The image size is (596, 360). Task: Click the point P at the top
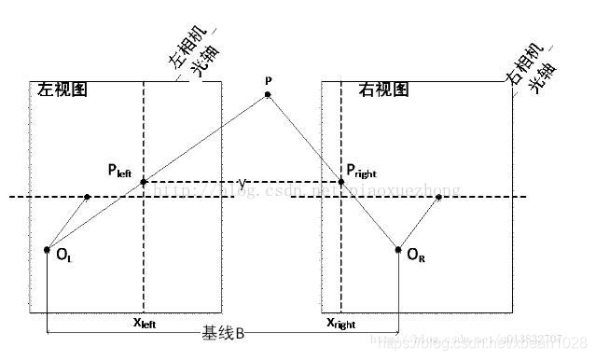pos(269,94)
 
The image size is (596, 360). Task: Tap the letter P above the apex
pos(269,81)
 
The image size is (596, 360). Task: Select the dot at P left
pos(144,182)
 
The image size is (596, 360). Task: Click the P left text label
pos(122,171)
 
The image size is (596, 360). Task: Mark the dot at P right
pos(341,182)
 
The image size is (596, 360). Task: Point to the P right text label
pos(367,171)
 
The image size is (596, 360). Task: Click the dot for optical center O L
pos(47,249)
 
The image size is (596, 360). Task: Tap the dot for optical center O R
pos(398,249)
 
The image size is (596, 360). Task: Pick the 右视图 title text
pos(383,90)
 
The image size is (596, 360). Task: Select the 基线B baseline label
pos(223,332)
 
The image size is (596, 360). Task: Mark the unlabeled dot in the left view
pos(87,197)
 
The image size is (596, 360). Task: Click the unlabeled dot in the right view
pos(439,197)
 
